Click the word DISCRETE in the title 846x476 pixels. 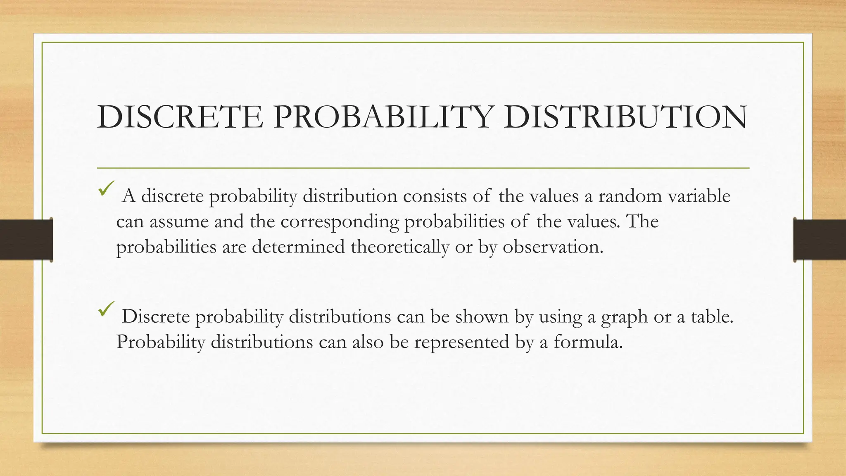[180, 117]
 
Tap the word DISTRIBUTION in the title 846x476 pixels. [625, 117]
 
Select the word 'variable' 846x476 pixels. [699, 196]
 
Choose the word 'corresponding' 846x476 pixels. [340, 222]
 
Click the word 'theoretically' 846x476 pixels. [400, 247]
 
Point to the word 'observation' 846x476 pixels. [552, 247]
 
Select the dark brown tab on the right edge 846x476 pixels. [820, 240]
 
